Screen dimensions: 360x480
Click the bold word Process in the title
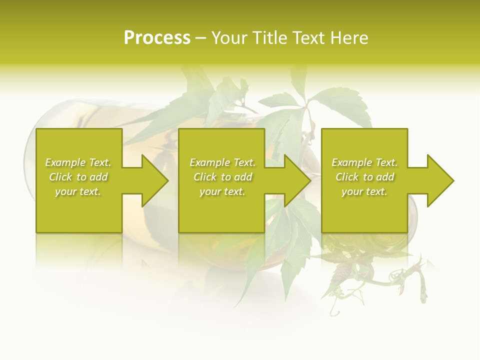tap(157, 38)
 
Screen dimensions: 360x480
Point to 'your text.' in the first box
tap(78, 191)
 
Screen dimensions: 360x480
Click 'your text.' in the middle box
tap(222, 191)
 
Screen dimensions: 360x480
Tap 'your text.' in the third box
tap(364, 191)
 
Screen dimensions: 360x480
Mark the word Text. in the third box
tap(386, 162)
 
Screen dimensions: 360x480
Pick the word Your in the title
tap(229, 38)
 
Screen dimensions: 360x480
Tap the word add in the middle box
tap(242, 177)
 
